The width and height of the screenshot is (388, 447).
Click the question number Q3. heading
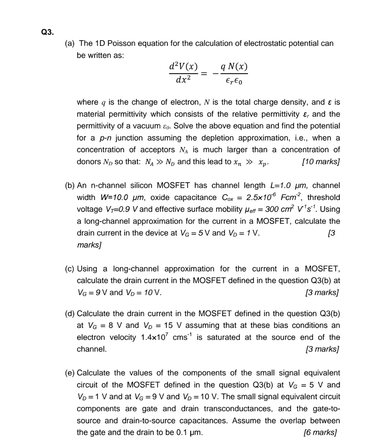47,32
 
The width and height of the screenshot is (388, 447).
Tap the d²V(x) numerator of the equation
183,67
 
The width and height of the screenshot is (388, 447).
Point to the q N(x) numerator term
234,67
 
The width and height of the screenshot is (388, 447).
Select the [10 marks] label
321,162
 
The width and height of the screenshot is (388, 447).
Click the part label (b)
70,185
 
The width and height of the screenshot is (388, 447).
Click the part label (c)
70,268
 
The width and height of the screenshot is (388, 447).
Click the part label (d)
70,314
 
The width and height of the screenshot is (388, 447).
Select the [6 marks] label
320,432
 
